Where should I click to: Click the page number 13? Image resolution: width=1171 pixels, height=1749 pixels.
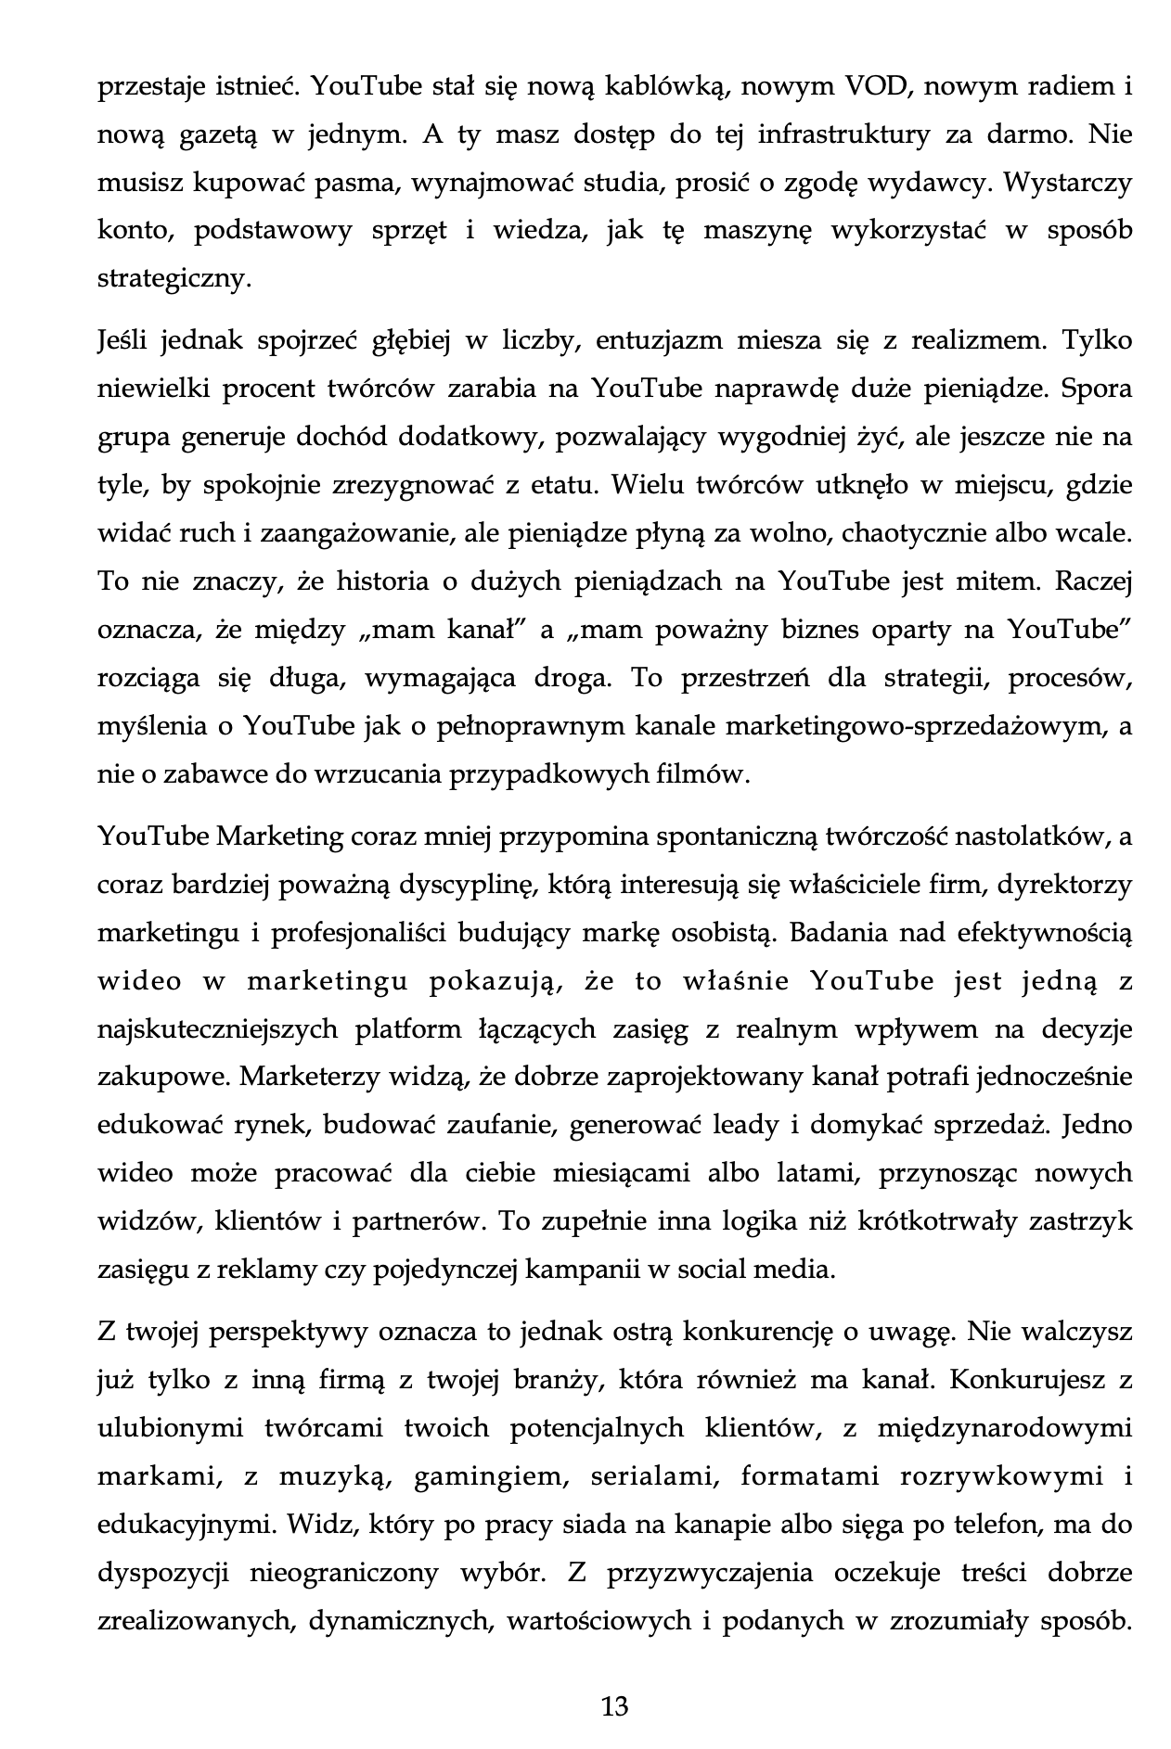tap(614, 1706)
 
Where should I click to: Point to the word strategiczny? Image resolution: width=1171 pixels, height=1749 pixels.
tap(174, 279)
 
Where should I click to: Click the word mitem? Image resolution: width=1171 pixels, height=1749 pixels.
tap(1005, 581)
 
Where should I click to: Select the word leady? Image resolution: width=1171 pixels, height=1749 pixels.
tap(746, 1125)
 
